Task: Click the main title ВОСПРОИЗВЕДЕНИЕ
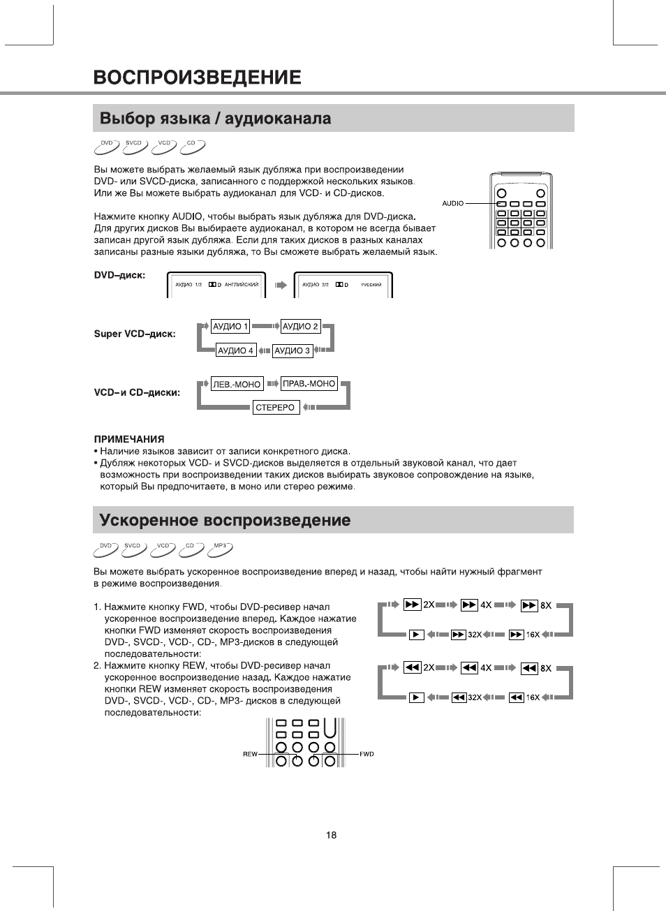pyautogui.click(x=198, y=77)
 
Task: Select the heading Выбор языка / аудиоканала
pyautogui.click(x=215, y=119)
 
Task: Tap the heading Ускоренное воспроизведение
pyautogui.click(x=225, y=521)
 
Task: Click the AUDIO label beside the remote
pyautogui.click(x=452, y=203)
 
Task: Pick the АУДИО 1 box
pyautogui.click(x=230, y=327)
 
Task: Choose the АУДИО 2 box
pyautogui.click(x=300, y=327)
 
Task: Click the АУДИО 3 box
pyautogui.click(x=292, y=350)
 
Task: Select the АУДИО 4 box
pyautogui.click(x=235, y=350)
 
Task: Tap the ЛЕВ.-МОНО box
pyautogui.click(x=237, y=384)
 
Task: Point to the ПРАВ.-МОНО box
pyautogui.click(x=309, y=384)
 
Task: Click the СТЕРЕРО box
pyautogui.click(x=275, y=408)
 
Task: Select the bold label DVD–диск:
pyautogui.click(x=120, y=275)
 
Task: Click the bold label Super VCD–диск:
pyautogui.click(x=135, y=334)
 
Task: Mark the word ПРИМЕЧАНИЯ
pyautogui.click(x=129, y=439)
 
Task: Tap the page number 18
pyautogui.click(x=331, y=835)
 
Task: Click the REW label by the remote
pyautogui.click(x=250, y=754)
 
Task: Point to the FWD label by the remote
pyautogui.click(x=367, y=754)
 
